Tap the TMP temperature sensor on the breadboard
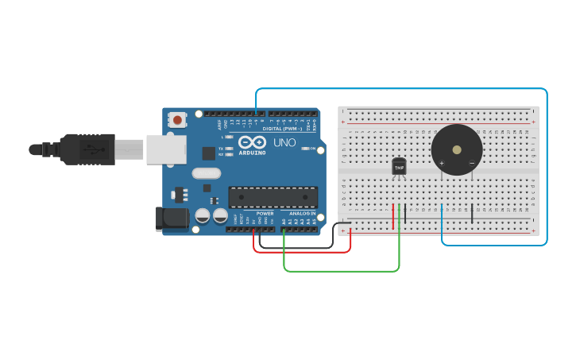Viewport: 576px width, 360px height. click(x=399, y=166)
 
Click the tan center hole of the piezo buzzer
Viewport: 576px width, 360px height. click(x=456, y=149)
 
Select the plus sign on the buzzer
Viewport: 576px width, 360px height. click(x=441, y=164)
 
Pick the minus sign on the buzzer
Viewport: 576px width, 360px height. click(x=471, y=164)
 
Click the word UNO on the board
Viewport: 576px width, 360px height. click(x=284, y=143)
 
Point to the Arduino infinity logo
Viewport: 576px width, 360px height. click(x=252, y=141)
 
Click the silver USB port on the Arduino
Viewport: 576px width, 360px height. click(x=165, y=149)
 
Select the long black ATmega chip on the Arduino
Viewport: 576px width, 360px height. click(x=273, y=197)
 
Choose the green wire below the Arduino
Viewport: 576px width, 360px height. click(x=342, y=271)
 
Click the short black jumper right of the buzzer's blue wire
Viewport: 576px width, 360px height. click(x=472, y=213)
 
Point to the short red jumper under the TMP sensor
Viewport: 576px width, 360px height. click(x=392, y=216)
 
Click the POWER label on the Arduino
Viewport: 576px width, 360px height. click(x=265, y=213)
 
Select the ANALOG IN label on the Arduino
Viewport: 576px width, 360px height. click(x=302, y=213)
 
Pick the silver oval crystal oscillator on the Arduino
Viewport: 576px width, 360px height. click(x=206, y=173)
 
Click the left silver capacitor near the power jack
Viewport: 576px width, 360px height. click(x=203, y=215)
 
